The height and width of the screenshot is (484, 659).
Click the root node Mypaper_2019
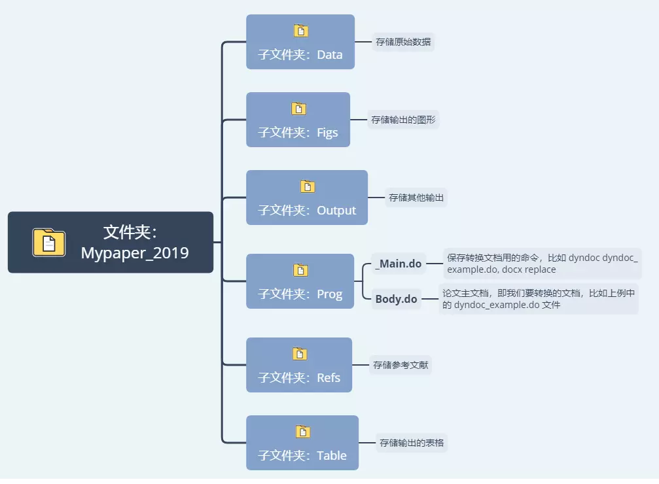pyautogui.click(x=110, y=242)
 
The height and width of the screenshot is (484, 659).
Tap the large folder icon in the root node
pyautogui.click(x=49, y=242)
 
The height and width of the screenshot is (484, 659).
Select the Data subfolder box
pyautogui.click(x=300, y=42)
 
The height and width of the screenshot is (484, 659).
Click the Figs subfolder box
pyautogui.click(x=298, y=120)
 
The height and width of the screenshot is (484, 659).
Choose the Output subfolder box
pyautogui.click(x=307, y=198)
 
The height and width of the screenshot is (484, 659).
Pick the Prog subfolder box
pyautogui.click(x=300, y=281)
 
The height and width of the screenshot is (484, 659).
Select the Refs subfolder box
pyautogui.click(x=299, y=365)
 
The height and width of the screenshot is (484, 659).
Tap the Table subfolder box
pyautogui.click(x=302, y=443)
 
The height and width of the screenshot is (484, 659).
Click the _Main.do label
pyautogui.click(x=399, y=264)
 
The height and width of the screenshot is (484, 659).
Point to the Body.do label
pyautogui.click(x=396, y=300)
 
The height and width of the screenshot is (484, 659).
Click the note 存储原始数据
pyautogui.click(x=403, y=42)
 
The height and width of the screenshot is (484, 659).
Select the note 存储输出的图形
pyautogui.click(x=403, y=120)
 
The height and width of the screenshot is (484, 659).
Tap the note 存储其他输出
pyautogui.click(x=416, y=198)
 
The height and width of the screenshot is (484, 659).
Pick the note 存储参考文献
pyautogui.click(x=401, y=365)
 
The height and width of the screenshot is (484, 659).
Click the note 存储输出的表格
pyautogui.click(x=412, y=443)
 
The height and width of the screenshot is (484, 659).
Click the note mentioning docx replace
pyautogui.click(x=541, y=264)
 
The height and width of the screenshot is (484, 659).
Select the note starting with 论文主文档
pyautogui.click(x=538, y=299)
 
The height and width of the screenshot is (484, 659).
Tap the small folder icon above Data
pyautogui.click(x=300, y=30)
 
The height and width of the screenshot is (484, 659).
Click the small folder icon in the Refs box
pyautogui.click(x=299, y=354)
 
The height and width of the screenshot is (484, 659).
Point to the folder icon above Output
pyautogui.click(x=308, y=186)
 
